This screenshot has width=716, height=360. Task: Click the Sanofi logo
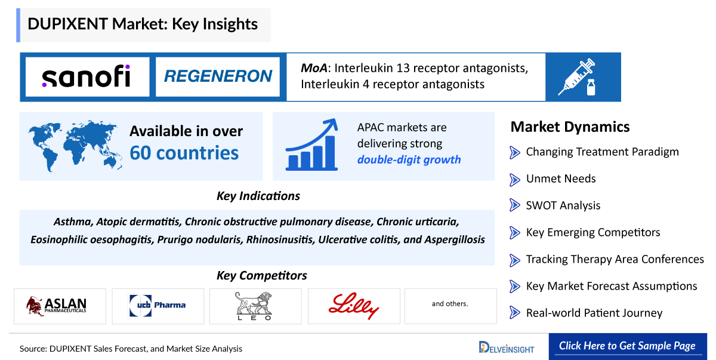(x=86, y=77)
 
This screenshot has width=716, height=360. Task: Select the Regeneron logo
(x=218, y=77)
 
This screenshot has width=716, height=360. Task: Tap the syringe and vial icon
(x=576, y=77)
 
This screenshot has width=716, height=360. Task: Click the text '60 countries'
(x=184, y=153)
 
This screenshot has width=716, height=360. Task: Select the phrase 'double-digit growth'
(x=409, y=159)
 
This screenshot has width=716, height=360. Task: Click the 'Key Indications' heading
(x=258, y=196)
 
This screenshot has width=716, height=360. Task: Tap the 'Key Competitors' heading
(x=261, y=275)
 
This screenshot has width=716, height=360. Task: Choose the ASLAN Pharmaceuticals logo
(x=60, y=306)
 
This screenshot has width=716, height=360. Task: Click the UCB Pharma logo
(x=158, y=306)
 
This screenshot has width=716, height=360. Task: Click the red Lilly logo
(x=353, y=306)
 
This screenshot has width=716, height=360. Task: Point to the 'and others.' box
(x=450, y=304)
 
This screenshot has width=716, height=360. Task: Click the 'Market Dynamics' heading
(x=570, y=127)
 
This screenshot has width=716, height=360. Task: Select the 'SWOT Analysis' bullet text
(x=563, y=205)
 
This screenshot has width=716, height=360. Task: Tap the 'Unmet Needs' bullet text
(x=560, y=179)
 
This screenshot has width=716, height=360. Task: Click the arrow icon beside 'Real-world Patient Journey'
(x=515, y=313)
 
